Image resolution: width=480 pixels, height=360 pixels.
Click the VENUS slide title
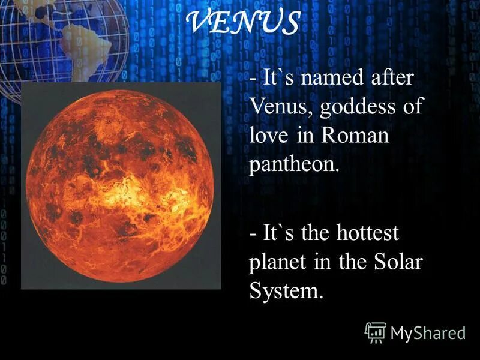click(244, 23)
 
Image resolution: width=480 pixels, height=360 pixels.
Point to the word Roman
click(355, 136)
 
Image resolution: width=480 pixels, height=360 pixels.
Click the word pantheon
click(294, 164)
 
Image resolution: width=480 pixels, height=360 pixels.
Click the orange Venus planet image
click(120, 186)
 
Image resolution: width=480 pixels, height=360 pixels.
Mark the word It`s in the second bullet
click(278, 233)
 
